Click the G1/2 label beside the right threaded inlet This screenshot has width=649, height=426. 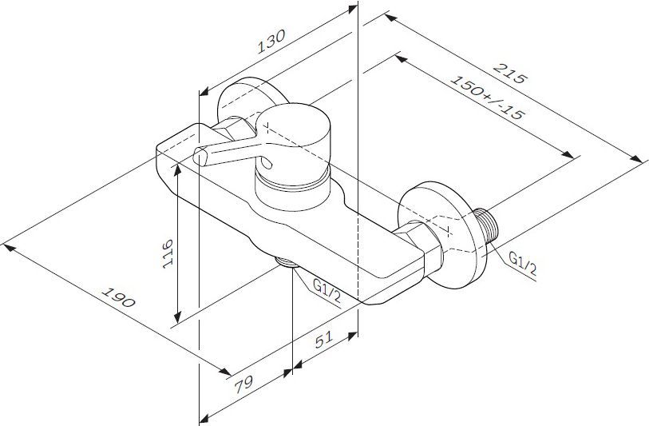click(523, 263)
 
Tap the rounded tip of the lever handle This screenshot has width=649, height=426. click(200, 156)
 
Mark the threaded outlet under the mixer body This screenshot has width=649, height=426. click(285, 261)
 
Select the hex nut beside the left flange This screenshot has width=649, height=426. click(228, 128)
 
